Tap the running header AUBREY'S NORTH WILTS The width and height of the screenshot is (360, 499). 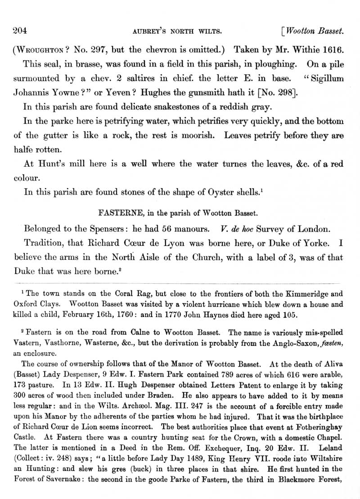click(x=179, y=32)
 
